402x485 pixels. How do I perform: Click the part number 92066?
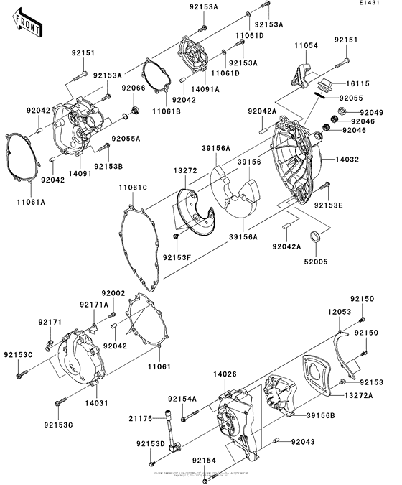pyautogui.click(x=133, y=88)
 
